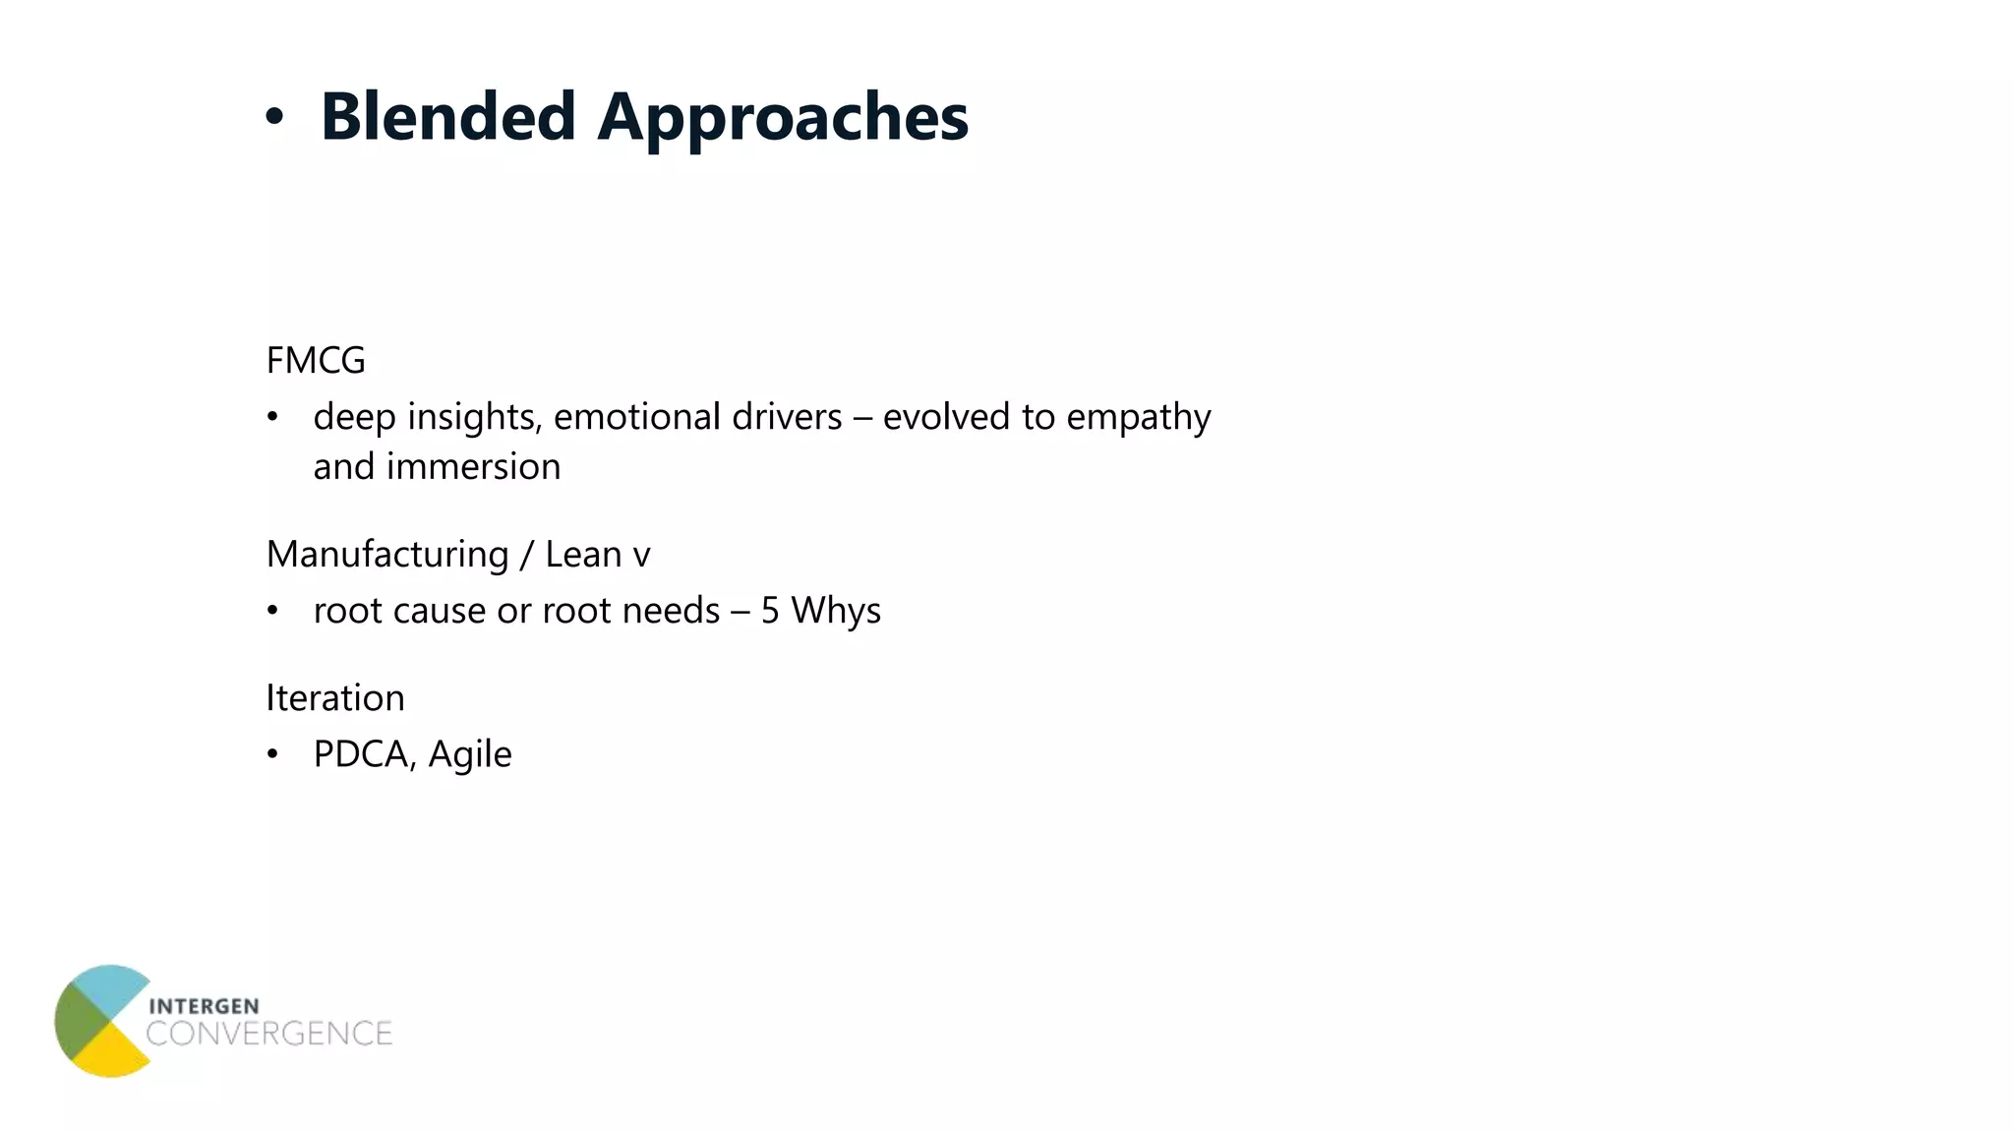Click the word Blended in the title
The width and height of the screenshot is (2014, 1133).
click(x=447, y=117)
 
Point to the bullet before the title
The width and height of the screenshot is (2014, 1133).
click(x=274, y=118)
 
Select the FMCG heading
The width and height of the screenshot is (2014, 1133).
click(x=316, y=361)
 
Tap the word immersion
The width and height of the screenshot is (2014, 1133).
click(x=473, y=467)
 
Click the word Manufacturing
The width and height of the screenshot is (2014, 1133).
click(x=386, y=555)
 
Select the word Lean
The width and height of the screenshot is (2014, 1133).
click(x=583, y=555)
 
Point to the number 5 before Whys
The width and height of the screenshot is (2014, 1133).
click(x=770, y=611)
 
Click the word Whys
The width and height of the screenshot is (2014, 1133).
click(x=836, y=611)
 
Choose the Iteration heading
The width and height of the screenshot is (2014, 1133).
click(x=335, y=698)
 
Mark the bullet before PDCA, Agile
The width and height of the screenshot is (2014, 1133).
click(x=273, y=754)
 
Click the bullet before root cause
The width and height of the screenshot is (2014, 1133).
click(x=273, y=611)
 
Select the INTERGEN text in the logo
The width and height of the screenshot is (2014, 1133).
click(x=204, y=1006)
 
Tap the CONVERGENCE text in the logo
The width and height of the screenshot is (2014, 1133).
click(x=268, y=1034)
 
